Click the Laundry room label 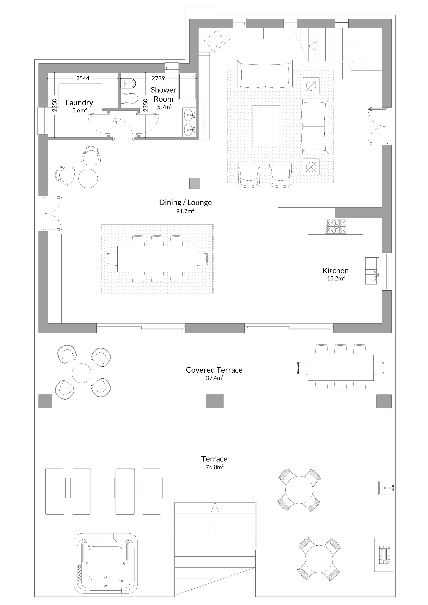click(79, 103)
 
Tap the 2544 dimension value click(83, 78)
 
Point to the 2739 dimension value click(158, 78)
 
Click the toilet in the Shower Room click(130, 99)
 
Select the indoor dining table click(157, 259)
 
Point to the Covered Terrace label click(214, 370)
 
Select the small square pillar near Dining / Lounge click(195, 183)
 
